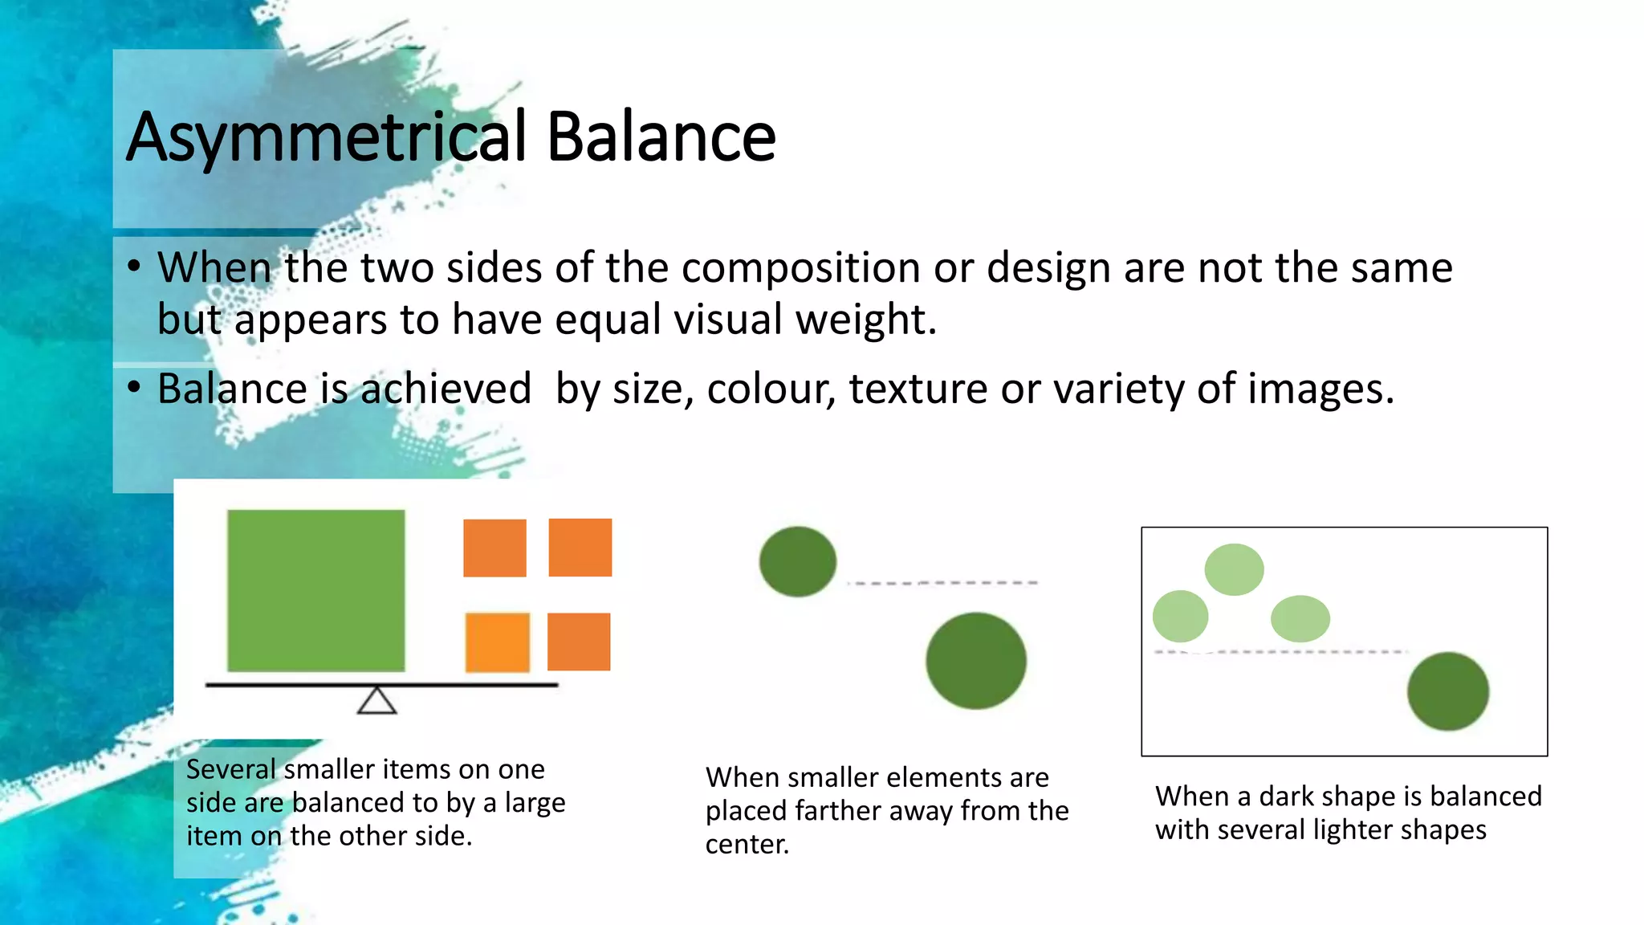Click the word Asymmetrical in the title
pyautogui.click(x=326, y=138)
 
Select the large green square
pyautogui.click(x=315, y=590)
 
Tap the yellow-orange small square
pyautogui.click(x=497, y=642)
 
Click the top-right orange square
pyautogui.click(x=580, y=548)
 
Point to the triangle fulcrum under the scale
pyautogui.click(x=376, y=702)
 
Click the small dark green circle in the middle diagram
pyautogui.click(x=797, y=561)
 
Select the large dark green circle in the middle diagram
pyautogui.click(x=975, y=660)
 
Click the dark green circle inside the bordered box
pyautogui.click(x=1447, y=691)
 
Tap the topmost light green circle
pyautogui.click(x=1234, y=569)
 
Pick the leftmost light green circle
pyautogui.click(x=1180, y=616)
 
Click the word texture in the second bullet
pyautogui.click(x=918, y=389)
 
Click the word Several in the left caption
pyautogui.click(x=231, y=769)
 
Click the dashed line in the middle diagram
pyautogui.click(x=943, y=583)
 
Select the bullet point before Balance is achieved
pyautogui.click(x=134, y=387)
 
